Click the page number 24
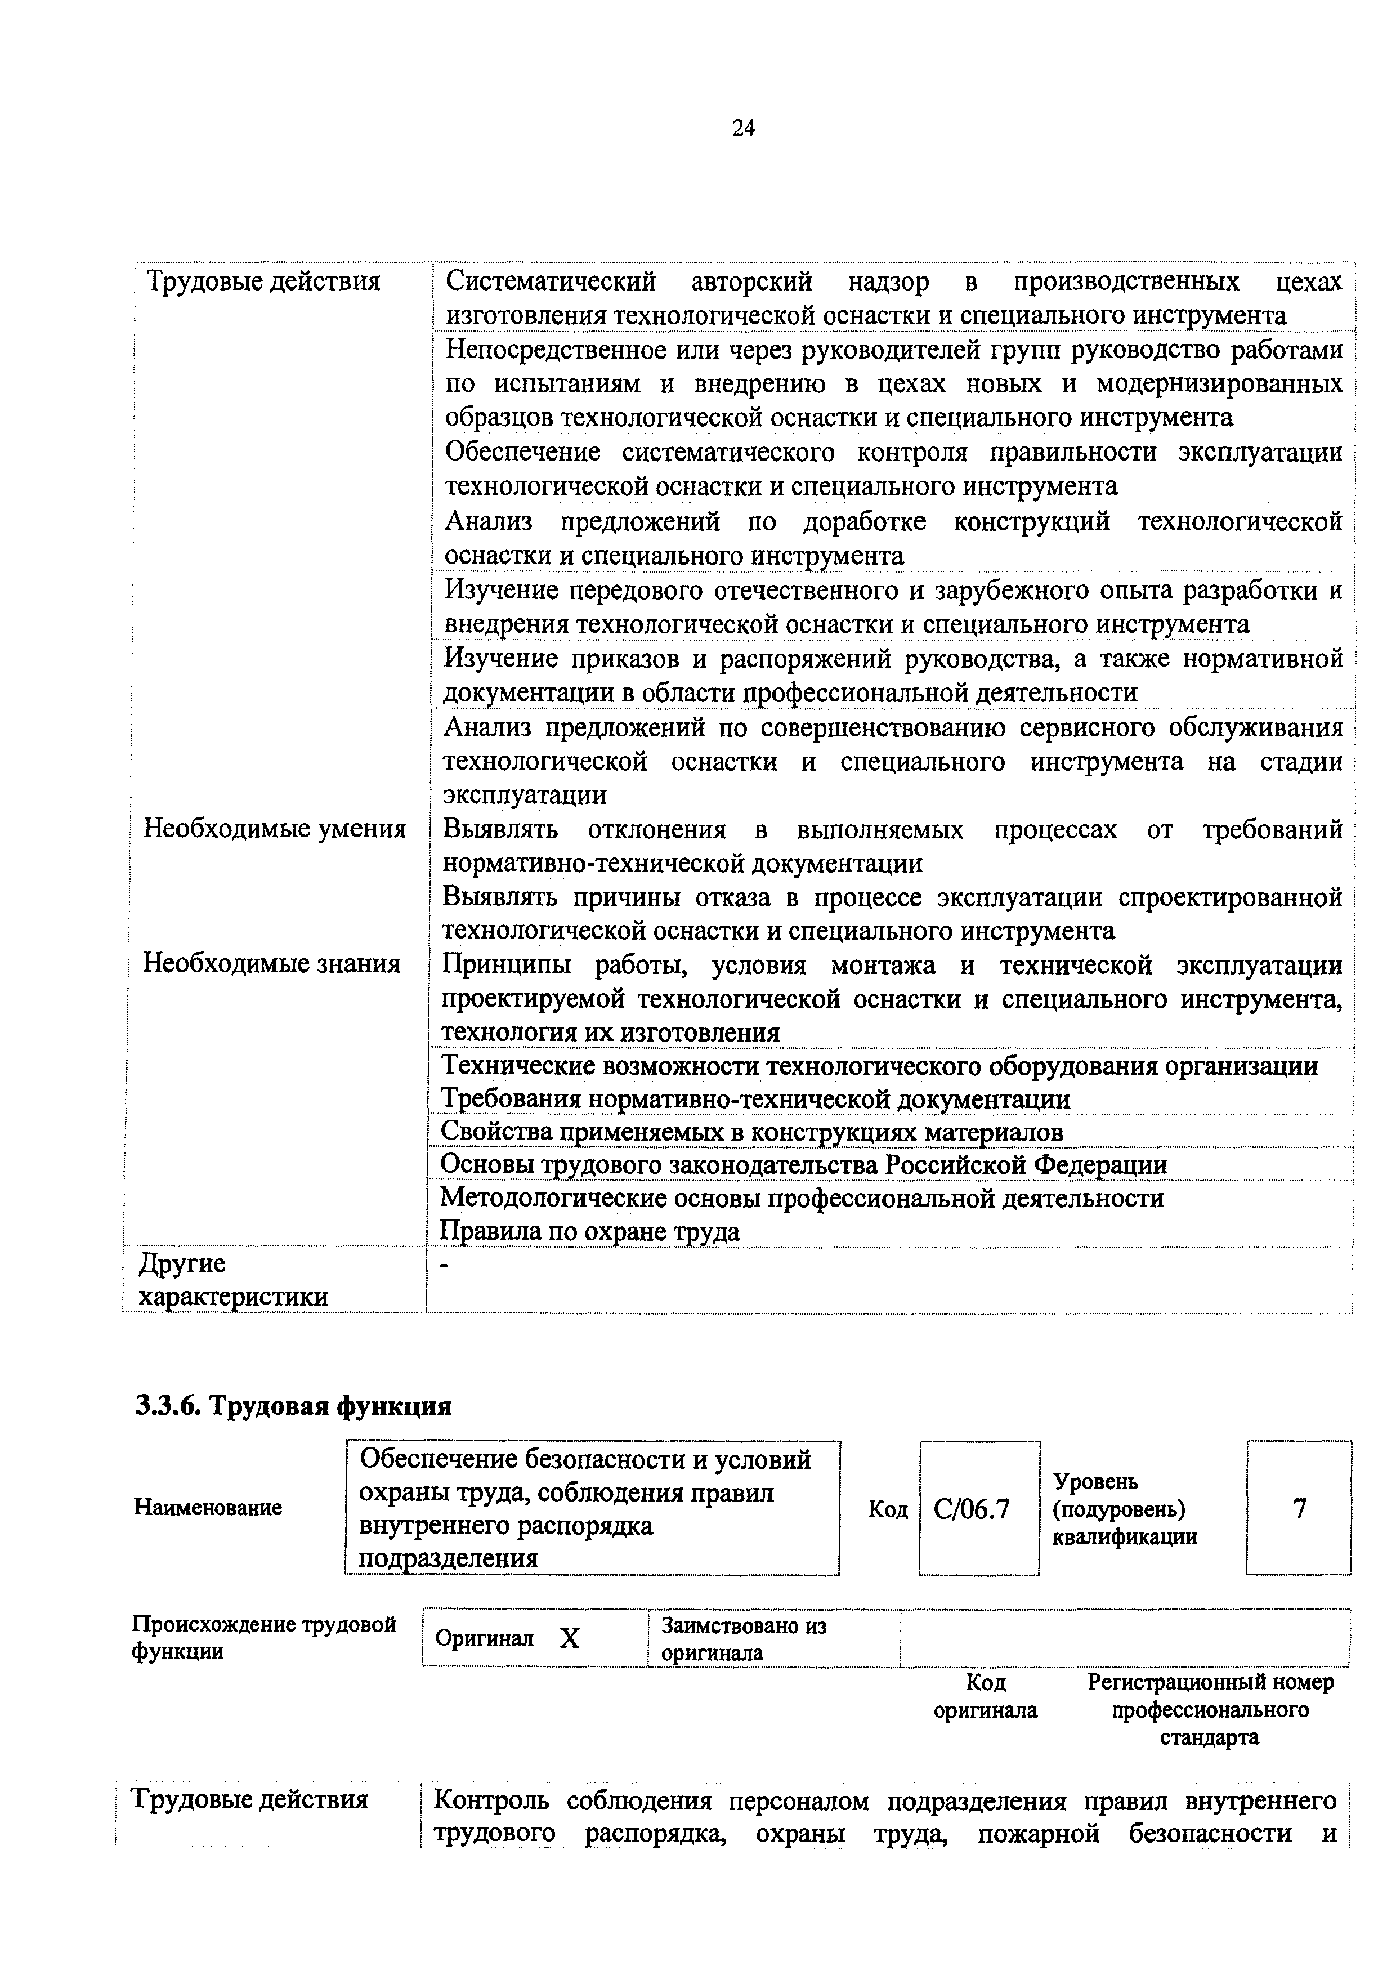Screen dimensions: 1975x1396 (x=743, y=128)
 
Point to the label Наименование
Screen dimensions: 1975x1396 (x=208, y=1507)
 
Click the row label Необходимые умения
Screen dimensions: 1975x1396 (x=274, y=828)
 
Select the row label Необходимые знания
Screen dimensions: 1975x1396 (x=272, y=963)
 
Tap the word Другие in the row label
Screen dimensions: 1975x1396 (x=182, y=1263)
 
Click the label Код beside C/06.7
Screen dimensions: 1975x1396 (x=888, y=1509)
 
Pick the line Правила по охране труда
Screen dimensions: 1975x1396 (x=590, y=1232)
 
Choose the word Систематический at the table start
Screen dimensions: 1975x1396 (x=551, y=281)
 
